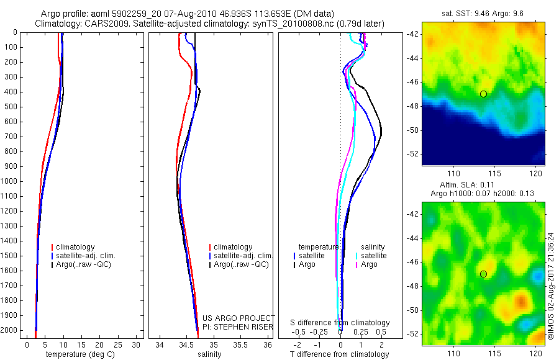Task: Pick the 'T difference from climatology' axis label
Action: point(339,354)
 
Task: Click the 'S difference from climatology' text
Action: point(340,323)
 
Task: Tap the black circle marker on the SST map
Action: point(483,94)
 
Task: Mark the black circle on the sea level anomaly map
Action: point(483,274)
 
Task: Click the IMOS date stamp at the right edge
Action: point(551,286)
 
